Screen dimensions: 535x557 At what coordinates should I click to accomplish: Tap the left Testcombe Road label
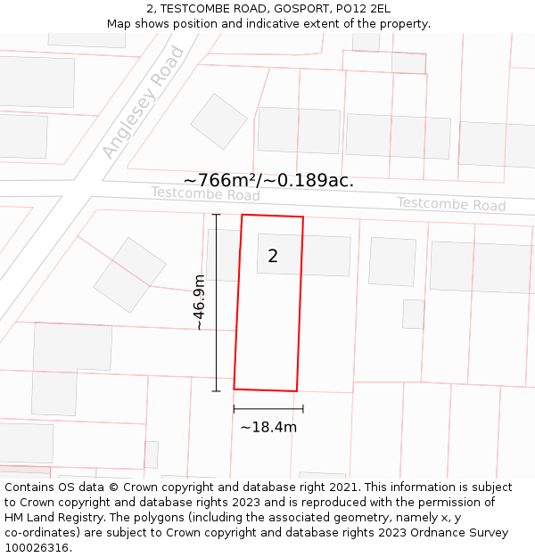pos(205,194)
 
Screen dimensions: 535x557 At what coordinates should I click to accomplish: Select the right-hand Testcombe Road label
pos(451,204)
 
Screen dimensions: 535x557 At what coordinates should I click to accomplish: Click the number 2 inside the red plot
pos(273,257)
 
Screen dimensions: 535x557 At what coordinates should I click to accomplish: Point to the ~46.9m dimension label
pos(200,303)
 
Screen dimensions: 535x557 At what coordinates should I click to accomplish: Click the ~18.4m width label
pos(268,427)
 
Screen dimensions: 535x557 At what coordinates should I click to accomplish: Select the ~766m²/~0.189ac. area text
pos(268,180)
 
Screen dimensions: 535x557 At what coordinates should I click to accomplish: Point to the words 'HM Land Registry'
pos(48,517)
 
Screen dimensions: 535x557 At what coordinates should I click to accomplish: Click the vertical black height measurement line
pos(216,303)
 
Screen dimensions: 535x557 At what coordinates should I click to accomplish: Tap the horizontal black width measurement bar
pos(268,409)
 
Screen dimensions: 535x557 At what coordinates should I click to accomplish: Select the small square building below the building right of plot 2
pos(413,314)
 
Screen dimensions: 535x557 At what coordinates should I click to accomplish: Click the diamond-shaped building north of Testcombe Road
pos(218,121)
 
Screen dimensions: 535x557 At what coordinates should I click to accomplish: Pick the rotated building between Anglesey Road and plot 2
pos(130,274)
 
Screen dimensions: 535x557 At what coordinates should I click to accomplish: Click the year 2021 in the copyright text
pos(343,487)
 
